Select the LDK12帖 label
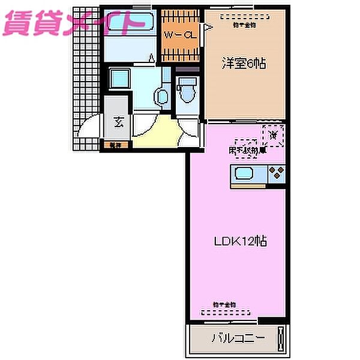coord(241,242)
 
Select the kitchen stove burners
coord(277,175)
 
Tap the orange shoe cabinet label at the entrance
coord(113,145)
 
